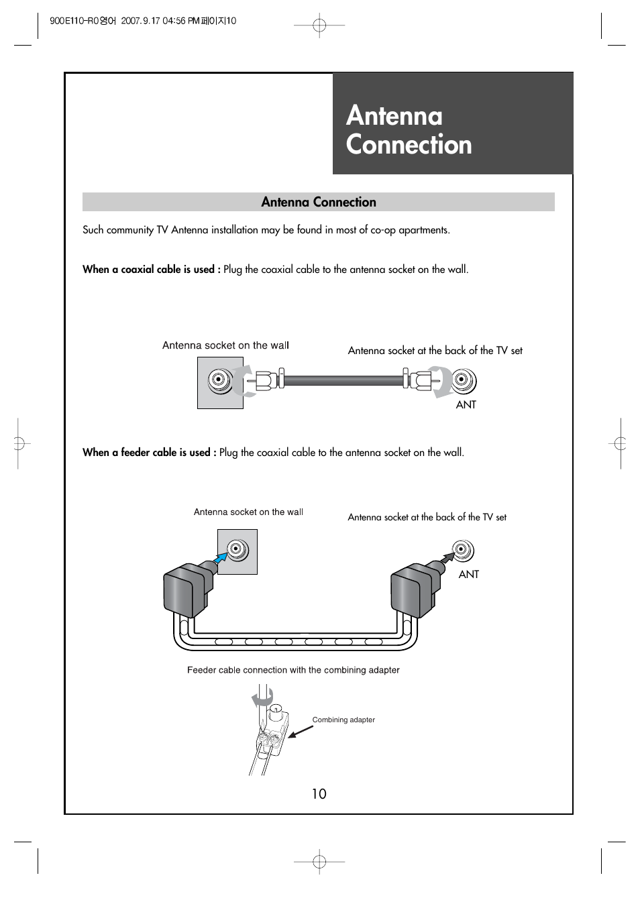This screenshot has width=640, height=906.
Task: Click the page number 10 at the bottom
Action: point(319,794)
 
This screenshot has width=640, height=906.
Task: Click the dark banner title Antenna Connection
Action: point(409,130)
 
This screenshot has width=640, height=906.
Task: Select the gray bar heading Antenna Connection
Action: point(319,202)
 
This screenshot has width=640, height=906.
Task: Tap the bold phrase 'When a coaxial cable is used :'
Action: point(151,270)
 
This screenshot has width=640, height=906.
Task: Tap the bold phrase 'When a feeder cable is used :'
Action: point(149,453)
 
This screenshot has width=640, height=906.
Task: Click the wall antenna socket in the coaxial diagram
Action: point(217,382)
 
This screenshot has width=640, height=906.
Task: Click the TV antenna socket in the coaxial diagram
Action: point(461,381)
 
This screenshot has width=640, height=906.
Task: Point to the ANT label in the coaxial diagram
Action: point(466,405)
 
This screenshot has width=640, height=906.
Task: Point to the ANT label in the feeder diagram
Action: point(468,575)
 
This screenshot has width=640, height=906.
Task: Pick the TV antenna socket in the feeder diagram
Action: point(461,551)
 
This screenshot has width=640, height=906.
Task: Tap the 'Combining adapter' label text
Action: point(343,720)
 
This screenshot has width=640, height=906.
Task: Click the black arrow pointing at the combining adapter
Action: point(300,731)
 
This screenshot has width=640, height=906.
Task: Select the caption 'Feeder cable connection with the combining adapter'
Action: point(293,670)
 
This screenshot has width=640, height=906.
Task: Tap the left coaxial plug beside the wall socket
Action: point(265,381)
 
